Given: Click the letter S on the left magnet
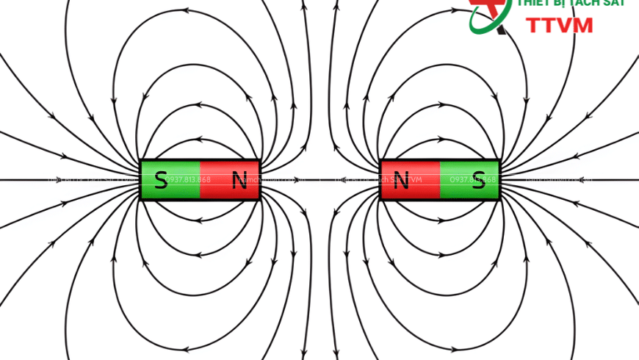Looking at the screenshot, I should (160, 179).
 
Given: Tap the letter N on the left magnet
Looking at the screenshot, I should (239, 179).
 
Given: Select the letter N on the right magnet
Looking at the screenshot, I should (400, 179).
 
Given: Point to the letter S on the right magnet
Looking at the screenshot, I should (479, 179).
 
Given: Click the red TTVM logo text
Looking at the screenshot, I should (560, 25).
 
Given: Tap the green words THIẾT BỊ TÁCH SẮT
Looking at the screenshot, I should (571, 4).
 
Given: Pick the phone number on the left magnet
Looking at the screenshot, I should (188, 180).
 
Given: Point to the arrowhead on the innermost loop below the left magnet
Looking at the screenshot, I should (200, 221).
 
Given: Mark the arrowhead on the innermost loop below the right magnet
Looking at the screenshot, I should (439, 221).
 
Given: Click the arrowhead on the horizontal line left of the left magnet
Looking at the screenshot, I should (70, 180).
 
